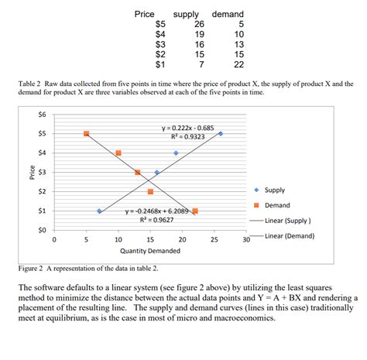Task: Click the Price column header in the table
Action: [x=144, y=14]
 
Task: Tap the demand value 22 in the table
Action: [x=238, y=64]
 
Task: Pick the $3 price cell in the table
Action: [x=160, y=44]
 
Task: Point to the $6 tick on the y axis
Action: [x=42, y=115]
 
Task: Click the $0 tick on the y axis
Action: [x=42, y=230]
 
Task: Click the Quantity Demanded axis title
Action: [x=150, y=252]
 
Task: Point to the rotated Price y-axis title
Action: [x=31, y=172]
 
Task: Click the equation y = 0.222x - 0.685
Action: [x=187, y=127]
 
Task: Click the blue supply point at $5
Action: [x=221, y=133]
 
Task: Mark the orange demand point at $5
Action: [x=86, y=133]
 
